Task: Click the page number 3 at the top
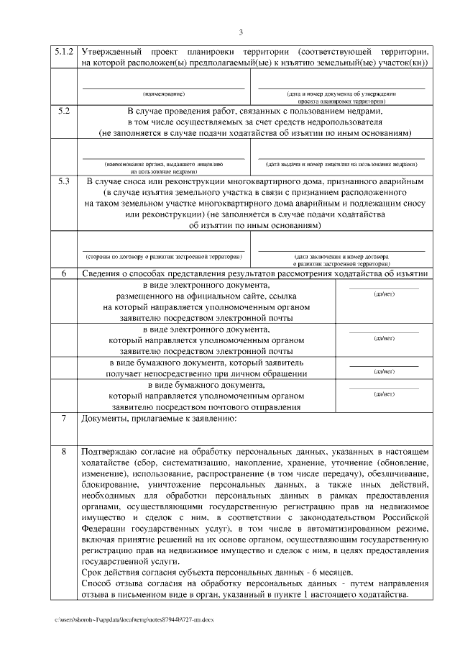pyautogui.click(x=241, y=32)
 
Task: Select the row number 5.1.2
pyautogui.click(x=64, y=53)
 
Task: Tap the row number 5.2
pyautogui.click(x=64, y=111)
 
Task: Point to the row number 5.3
pyautogui.click(x=64, y=182)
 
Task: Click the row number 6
pyautogui.click(x=64, y=273)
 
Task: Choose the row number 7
pyautogui.click(x=64, y=419)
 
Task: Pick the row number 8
pyautogui.click(x=64, y=451)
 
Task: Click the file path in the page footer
pyautogui.click(x=133, y=619)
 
